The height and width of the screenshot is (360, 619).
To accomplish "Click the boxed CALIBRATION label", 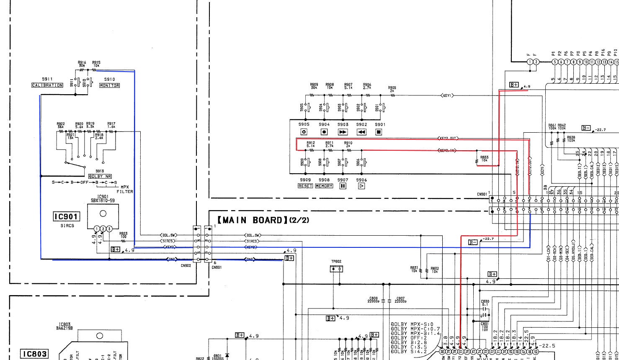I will point(47,85).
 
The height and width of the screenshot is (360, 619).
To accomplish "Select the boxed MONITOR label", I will point(109,85).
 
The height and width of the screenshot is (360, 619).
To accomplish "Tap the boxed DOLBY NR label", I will point(100,176).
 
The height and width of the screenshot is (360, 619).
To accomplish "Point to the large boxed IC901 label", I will point(66,216).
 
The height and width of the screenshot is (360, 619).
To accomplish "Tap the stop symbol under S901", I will point(379,132).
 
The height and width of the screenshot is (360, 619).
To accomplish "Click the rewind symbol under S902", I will point(361,132).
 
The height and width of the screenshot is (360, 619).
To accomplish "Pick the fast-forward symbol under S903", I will point(343,132).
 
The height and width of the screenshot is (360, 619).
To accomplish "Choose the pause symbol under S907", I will point(343,186).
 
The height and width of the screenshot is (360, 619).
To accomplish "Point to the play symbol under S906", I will point(361,186).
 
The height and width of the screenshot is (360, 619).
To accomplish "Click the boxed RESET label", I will point(305,186).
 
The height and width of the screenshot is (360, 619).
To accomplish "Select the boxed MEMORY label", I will point(324,186).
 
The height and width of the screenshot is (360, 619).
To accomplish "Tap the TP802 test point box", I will point(336,269).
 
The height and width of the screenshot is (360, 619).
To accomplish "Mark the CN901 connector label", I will point(482,194).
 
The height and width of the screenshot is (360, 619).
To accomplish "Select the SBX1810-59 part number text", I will point(103,201).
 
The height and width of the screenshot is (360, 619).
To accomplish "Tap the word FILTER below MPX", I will point(125,192).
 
